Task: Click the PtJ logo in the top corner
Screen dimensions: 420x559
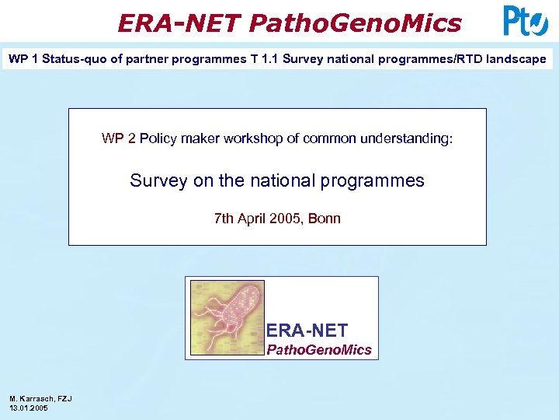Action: (526, 21)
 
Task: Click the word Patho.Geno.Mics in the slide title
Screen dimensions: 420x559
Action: (355, 23)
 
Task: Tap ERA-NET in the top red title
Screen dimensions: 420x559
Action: (179, 23)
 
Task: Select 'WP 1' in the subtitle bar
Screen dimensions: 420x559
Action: (23, 59)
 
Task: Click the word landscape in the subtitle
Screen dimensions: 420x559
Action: (516, 59)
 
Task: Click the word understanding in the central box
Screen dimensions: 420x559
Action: (410, 139)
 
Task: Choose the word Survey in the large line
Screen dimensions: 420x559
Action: (158, 181)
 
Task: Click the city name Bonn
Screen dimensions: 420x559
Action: (325, 219)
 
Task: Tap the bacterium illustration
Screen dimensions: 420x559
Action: (227, 317)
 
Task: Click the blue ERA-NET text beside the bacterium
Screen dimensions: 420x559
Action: (307, 331)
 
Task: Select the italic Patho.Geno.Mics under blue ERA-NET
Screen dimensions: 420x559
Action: (319, 350)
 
